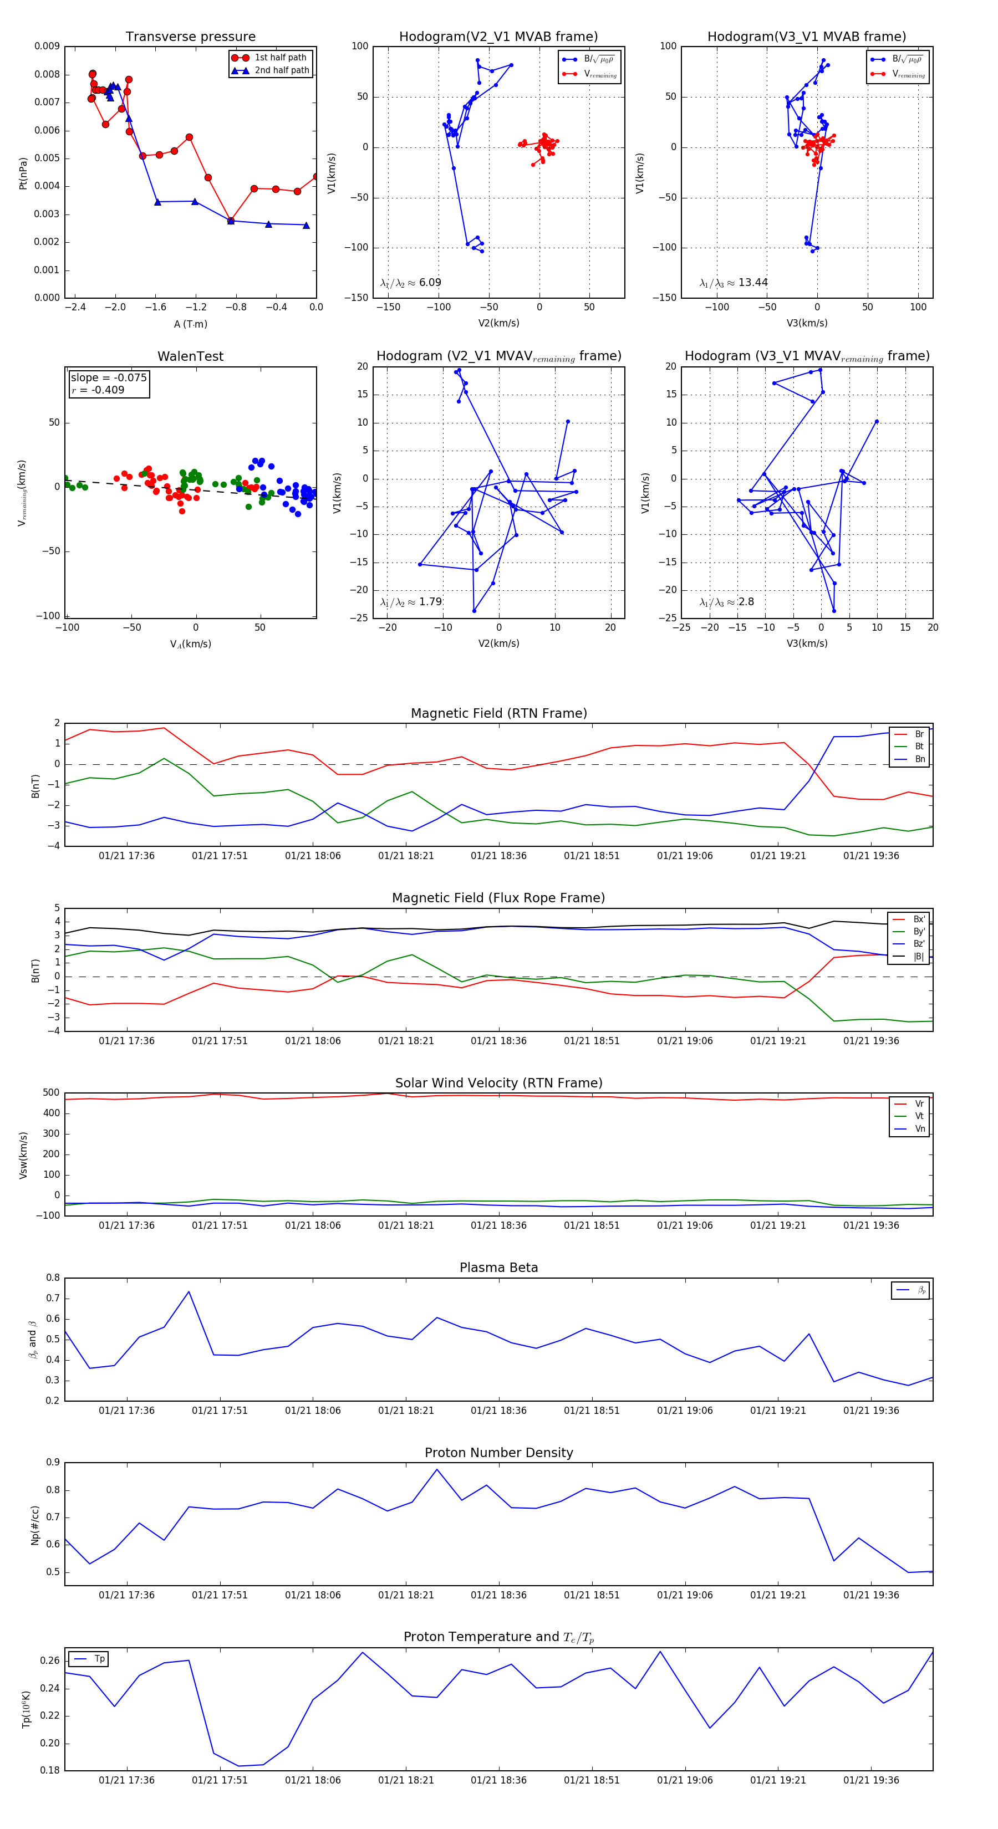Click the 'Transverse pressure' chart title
pyautogui.click(x=190, y=37)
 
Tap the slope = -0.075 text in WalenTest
pyautogui.click(x=109, y=378)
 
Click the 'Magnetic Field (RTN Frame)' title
pyautogui.click(x=498, y=713)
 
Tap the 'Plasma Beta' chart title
pyautogui.click(x=498, y=1268)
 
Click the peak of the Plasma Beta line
pyautogui.click(x=189, y=1291)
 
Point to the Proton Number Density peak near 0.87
pyautogui.click(x=437, y=1470)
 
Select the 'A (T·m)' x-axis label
pyautogui.click(x=190, y=324)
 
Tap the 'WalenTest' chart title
pyautogui.click(x=190, y=356)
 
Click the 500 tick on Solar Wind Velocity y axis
pyautogui.click(x=51, y=1093)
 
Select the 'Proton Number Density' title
pyautogui.click(x=498, y=1453)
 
